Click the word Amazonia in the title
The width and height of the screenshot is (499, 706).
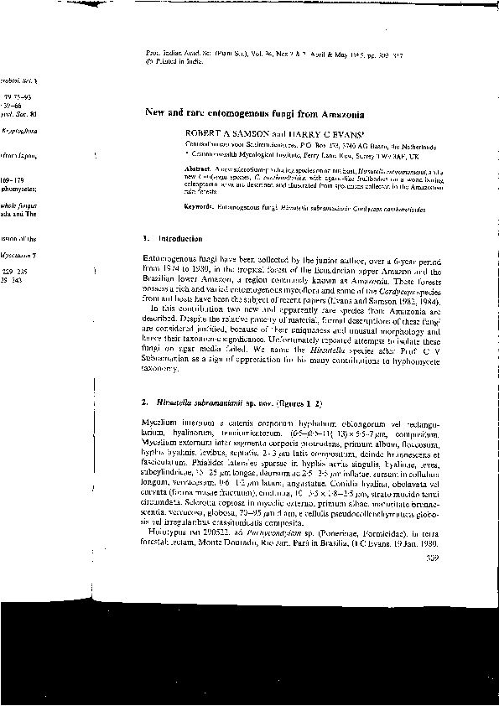291,113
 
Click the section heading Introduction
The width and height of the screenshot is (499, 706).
174,239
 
